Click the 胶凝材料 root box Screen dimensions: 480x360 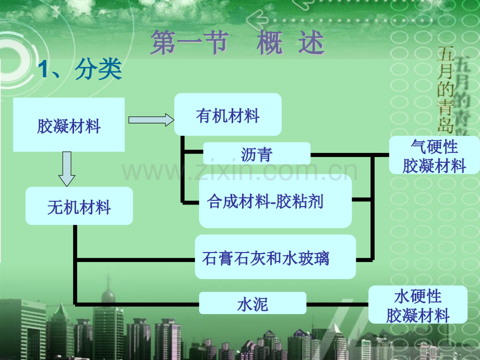[x=69, y=125]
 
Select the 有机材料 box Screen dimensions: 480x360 [x=228, y=114]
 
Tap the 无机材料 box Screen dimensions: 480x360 [x=79, y=206]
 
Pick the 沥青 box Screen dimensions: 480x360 [x=257, y=153]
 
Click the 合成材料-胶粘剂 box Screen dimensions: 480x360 [x=275, y=201]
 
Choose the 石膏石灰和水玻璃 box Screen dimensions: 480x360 [x=275, y=257]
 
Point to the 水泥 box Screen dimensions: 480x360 [x=253, y=303]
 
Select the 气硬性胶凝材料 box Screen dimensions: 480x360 [x=435, y=155]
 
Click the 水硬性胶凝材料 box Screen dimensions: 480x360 [x=418, y=305]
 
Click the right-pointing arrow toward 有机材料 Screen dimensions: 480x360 [x=151, y=119]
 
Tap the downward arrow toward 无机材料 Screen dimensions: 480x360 [x=67, y=169]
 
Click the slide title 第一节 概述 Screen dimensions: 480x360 [x=237, y=42]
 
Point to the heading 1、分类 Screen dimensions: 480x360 [x=80, y=69]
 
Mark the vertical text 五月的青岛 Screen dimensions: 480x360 [x=446, y=90]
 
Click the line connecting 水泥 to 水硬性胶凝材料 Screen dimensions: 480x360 [x=338, y=305]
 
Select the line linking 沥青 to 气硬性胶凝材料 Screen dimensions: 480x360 [x=350, y=155]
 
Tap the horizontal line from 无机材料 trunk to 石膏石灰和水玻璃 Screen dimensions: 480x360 [x=136, y=260]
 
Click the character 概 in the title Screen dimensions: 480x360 [x=269, y=42]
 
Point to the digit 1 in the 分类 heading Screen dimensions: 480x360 [x=43, y=69]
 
